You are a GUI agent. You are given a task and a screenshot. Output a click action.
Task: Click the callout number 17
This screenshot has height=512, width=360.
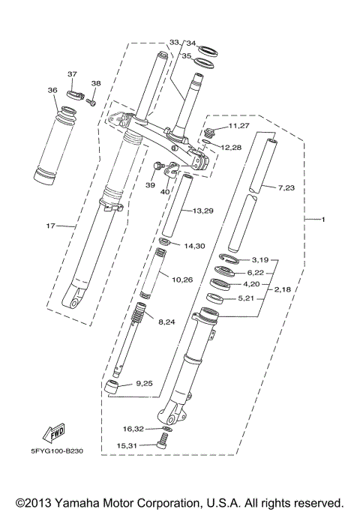[x=52, y=224]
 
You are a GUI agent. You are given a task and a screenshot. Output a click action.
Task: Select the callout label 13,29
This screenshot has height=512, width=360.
[x=203, y=211]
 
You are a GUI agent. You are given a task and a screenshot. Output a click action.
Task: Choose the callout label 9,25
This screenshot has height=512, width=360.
[x=144, y=383]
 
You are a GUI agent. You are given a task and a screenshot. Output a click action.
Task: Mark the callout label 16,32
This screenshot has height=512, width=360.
[x=133, y=429]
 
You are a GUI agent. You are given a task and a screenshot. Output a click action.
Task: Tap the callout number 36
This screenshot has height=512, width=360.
[x=52, y=90]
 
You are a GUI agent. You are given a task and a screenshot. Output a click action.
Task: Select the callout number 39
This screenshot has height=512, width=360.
[x=150, y=184]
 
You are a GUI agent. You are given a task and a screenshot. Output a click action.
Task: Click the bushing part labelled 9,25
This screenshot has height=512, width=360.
[x=113, y=388]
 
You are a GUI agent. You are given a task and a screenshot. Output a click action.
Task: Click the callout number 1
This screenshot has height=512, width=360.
[x=324, y=219]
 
